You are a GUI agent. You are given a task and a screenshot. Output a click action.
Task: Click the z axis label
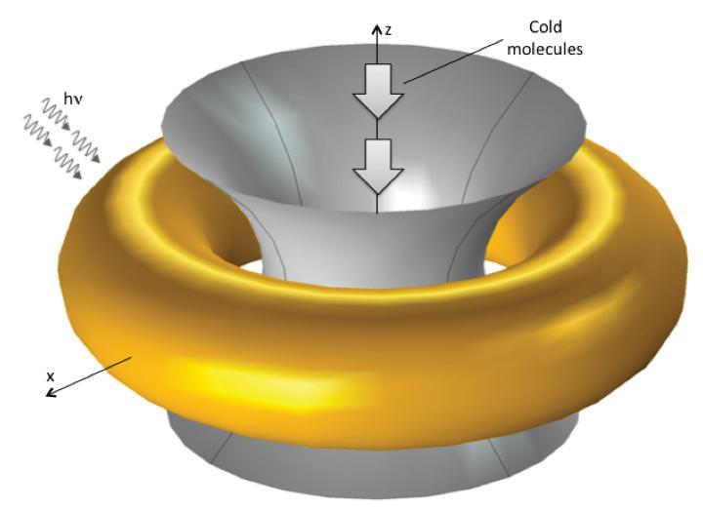click(x=388, y=30)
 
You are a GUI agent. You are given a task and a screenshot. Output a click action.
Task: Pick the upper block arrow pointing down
click(x=377, y=91)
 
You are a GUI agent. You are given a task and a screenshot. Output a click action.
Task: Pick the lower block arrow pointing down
click(x=377, y=164)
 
